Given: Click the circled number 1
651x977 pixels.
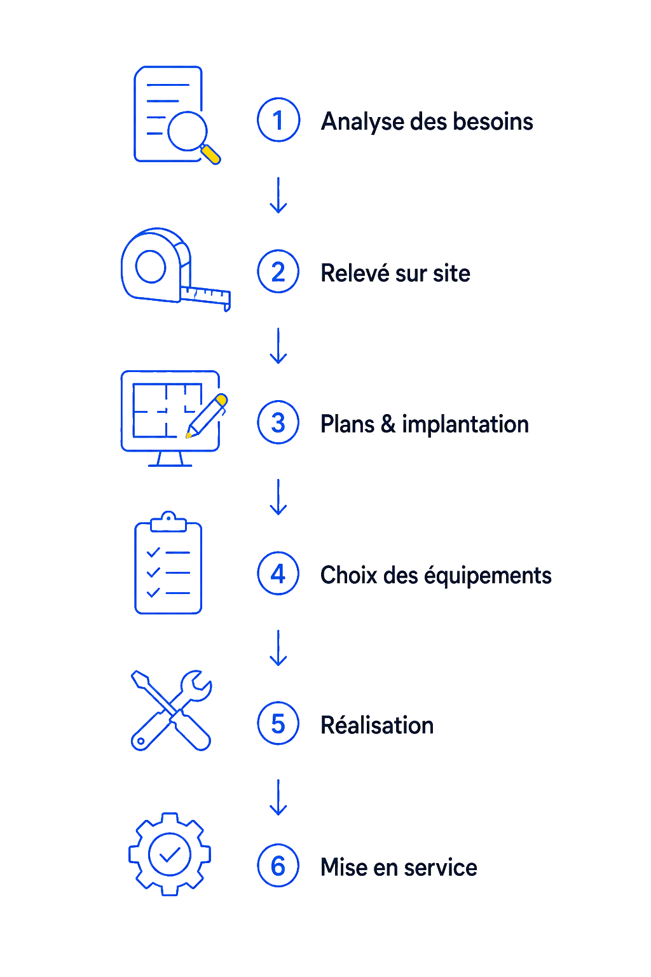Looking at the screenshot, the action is (278, 120).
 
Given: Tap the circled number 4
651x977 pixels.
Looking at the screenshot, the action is (278, 573).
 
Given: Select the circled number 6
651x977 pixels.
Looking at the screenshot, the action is (278, 865).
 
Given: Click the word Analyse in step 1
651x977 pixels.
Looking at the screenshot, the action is (362, 122).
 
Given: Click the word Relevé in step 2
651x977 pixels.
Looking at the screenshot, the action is (355, 273).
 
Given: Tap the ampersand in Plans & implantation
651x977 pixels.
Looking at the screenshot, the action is (388, 424).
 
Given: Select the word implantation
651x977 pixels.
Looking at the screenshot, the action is (465, 425).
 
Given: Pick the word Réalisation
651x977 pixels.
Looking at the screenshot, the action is (377, 725).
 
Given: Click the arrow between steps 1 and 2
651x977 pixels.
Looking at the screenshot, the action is (278, 195).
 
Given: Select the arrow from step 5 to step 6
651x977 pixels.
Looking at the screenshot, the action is (278, 797).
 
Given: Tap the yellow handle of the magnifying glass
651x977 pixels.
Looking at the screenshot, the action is (210, 155).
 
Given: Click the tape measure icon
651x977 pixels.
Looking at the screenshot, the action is (175, 270).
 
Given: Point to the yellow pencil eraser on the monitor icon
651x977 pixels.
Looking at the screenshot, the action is (222, 399).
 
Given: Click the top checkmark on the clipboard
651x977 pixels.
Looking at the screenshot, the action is (153, 552).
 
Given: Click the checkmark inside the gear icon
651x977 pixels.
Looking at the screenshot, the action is (170, 855).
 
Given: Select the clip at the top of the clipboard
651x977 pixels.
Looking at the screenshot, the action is (168, 522).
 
